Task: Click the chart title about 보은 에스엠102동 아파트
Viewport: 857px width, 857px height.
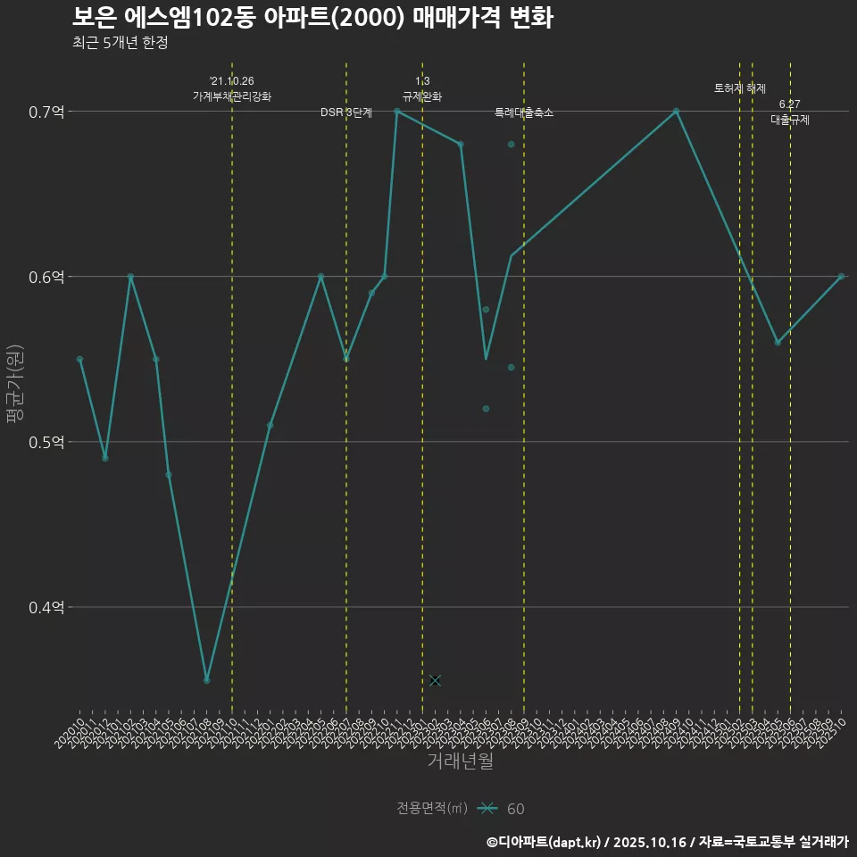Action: tap(312, 17)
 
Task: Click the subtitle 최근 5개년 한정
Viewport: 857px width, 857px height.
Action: tap(120, 42)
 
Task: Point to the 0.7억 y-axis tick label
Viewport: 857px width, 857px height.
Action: tap(46, 112)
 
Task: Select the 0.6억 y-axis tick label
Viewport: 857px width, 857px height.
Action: tap(46, 277)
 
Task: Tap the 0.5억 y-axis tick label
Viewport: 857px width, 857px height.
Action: tap(46, 442)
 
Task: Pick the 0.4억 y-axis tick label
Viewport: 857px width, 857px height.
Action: tap(46, 607)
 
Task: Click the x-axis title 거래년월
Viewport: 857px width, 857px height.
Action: tap(460, 761)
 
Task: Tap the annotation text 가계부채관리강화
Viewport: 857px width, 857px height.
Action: tap(232, 96)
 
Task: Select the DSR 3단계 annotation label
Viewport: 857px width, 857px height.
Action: tap(346, 112)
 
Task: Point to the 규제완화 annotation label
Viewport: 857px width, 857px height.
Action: tap(422, 96)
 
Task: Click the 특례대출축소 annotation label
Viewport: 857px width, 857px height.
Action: tap(524, 112)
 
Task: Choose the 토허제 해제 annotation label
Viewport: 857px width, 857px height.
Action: tap(740, 88)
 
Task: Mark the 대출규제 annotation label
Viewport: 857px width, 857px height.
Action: tap(790, 120)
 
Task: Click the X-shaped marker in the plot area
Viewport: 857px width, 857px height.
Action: tap(435, 680)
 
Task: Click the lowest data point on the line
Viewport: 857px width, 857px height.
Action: tap(206, 680)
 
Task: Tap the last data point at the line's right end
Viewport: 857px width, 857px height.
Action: tap(841, 277)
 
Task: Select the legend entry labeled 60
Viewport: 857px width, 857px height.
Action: tap(515, 809)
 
